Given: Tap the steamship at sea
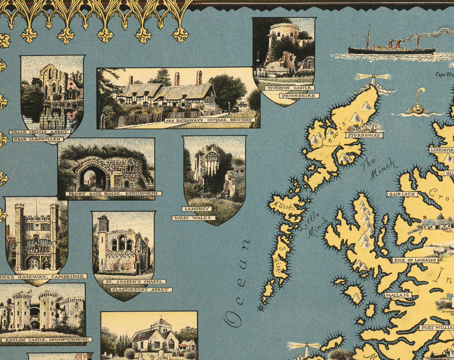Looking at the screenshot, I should [x=391, y=47].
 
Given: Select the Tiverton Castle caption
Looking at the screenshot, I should [x=283, y=88].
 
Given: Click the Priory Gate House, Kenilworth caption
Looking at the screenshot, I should [x=113, y=193].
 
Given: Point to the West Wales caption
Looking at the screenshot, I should [x=194, y=218].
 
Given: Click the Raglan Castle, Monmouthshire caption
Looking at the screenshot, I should [x=46, y=340].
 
